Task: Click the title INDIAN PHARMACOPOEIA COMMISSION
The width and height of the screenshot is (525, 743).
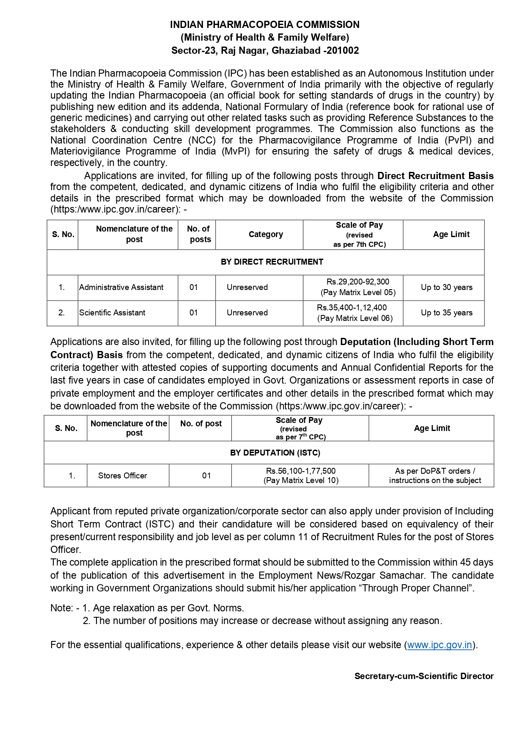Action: (x=265, y=25)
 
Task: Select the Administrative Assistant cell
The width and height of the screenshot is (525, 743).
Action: (x=121, y=287)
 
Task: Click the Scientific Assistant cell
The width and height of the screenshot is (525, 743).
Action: (x=112, y=313)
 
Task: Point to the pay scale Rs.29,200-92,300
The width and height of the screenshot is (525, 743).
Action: (x=358, y=282)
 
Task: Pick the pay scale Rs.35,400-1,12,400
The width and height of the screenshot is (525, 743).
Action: (x=352, y=308)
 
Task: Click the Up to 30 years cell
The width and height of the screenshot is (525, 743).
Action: (x=446, y=287)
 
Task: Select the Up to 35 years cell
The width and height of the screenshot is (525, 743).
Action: (x=446, y=313)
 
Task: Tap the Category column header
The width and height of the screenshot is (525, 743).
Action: (x=266, y=235)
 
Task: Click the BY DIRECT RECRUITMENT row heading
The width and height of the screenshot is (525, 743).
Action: (x=272, y=262)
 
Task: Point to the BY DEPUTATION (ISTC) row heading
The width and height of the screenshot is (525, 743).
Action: (x=275, y=453)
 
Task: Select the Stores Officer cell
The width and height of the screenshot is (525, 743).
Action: (x=122, y=476)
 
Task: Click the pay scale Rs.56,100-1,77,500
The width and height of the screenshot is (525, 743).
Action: (x=301, y=471)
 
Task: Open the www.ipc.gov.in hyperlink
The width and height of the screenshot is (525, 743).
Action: (x=440, y=645)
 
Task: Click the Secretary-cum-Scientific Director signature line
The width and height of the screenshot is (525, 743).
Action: (x=424, y=676)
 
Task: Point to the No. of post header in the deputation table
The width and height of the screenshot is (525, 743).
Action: (x=201, y=424)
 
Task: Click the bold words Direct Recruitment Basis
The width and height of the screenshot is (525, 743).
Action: (x=435, y=176)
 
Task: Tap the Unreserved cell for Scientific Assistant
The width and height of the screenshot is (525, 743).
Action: (x=247, y=313)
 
